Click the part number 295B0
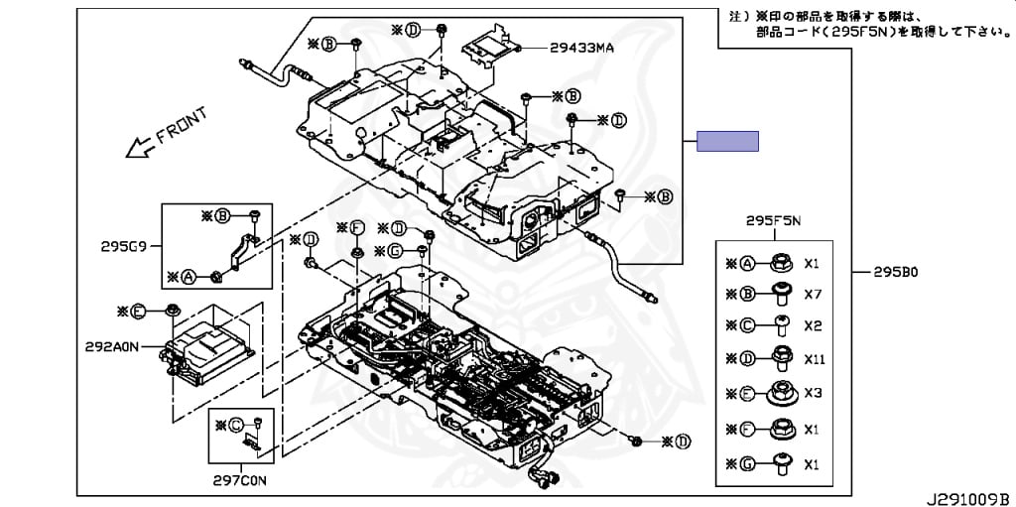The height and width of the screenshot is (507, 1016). pos(897,271)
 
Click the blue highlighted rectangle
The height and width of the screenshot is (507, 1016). pos(727,141)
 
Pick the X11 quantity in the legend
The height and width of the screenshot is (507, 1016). pos(814,359)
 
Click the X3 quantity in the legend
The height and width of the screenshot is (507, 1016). pos(813,393)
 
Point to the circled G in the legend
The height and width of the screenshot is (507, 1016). pos(747,463)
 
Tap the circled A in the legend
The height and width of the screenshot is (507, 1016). pos(747,264)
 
